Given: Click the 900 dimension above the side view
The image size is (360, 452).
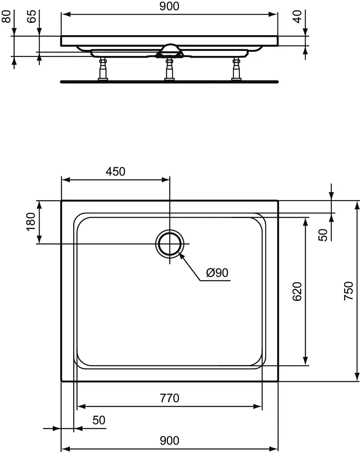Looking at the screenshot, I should click(x=169, y=6).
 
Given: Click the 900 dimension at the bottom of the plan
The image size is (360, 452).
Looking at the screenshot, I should click(x=169, y=441).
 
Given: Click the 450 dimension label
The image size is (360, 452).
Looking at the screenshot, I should click(x=115, y=171).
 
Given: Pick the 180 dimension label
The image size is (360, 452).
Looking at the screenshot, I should click(x=31, y=222).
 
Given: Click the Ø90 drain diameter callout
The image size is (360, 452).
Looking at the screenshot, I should click(x=217, y=273).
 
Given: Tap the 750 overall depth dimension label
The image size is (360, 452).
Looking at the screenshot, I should click(x=348, y=291).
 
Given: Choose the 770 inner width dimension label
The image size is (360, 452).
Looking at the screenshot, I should click(x=169, y=398).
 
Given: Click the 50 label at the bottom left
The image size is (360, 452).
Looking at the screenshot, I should click(x=98, y=420).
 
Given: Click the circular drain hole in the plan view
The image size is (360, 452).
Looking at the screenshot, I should click(x=169, y=244).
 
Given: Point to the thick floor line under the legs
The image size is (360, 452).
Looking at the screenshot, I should click(x=169, y=82).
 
